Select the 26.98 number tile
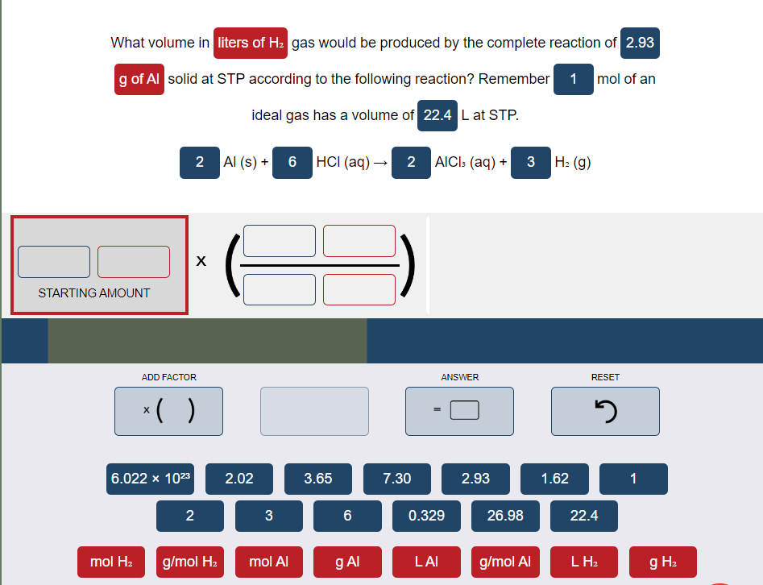coord(505,516)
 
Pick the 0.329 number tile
coord(426,516)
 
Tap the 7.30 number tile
coord(396,479)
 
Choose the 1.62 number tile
coord(554,479)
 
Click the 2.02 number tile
coord(238,479)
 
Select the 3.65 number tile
coord(317,479)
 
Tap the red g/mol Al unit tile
coord(505,562)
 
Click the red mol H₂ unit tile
coord(112,562)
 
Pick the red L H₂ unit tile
coord(584,562)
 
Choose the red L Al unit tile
coord(426,562)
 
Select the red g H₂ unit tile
coord(663,562)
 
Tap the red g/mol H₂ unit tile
coord(189,562)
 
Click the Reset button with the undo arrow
coord(605,411)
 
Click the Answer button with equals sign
coord(459,411)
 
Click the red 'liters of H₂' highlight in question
coord(251,43)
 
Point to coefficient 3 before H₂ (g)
coord(531,162)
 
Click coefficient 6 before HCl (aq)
coord(292,162)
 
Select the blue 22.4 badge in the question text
coord(437,115)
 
